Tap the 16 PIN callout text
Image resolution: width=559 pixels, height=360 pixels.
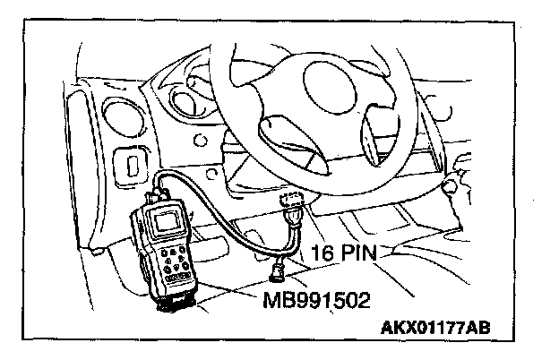(x=347, y=254)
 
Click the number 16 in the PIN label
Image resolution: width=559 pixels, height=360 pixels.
(x=321, y=254)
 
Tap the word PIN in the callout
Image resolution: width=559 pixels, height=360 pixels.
(x=359, y=254)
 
